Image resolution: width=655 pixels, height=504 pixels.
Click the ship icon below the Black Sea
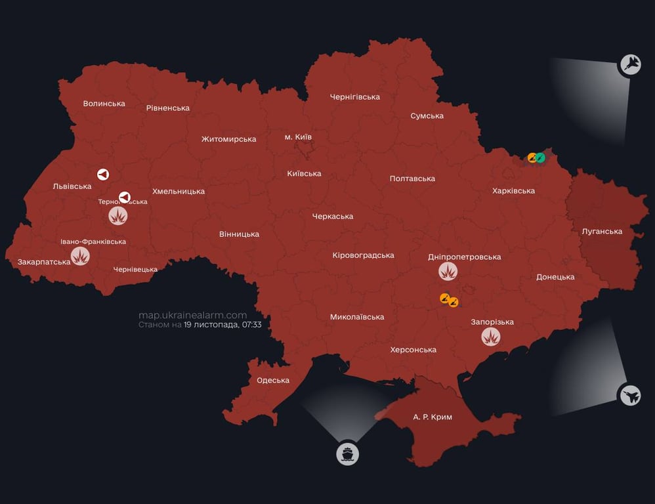click(348, 453)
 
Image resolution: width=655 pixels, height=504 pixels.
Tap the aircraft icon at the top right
click(630, 64)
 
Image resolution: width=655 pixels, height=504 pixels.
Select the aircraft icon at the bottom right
click(630, 395)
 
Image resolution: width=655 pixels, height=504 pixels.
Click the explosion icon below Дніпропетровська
click(448, 271)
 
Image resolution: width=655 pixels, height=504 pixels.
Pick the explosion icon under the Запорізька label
click(491, 337)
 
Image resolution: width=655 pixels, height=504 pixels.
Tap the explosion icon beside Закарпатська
click(80, 256)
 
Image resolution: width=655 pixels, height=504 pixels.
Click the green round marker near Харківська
click(540, 157)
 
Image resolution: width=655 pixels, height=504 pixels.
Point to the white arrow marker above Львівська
click(103, 175)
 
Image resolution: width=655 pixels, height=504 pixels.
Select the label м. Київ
click(298, 137)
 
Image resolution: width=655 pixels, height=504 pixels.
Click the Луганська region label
click(602, 231)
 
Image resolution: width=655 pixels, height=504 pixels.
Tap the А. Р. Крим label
click(433, 417)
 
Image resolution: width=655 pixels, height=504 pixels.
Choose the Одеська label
click(273, 380)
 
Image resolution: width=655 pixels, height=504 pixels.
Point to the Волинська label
click(104, 103)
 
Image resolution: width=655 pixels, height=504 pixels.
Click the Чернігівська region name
click(354, 97)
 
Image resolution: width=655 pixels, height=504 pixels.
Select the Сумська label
click(427, 116)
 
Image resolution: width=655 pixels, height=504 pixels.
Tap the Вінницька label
click(239, 234)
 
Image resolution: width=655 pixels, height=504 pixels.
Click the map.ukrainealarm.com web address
click(192, 315)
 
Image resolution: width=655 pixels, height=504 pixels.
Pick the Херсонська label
click(413, 350)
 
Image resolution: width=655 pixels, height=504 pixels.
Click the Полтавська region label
click(412, 178)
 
